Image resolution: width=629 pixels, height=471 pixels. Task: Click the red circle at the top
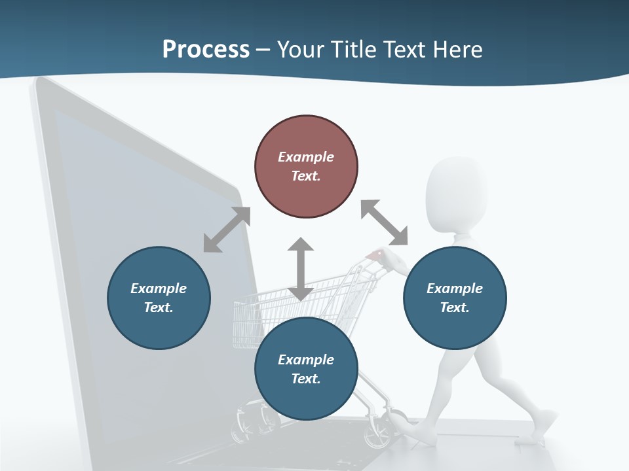(306, 166)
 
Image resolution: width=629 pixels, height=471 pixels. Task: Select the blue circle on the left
(159, 298)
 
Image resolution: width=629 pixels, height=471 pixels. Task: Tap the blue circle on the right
(455, 298)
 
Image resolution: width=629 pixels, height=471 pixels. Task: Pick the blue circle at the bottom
(306, 369)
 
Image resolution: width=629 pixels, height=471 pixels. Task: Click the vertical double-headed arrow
(301, 269)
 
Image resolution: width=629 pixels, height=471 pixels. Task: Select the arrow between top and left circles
(227, 229)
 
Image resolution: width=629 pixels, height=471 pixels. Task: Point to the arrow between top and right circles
(384, 222)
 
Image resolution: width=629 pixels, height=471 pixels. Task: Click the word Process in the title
(206, 49)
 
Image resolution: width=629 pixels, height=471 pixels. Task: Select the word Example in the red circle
(306, 157)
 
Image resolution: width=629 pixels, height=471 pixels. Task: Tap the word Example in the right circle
(455, 288)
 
